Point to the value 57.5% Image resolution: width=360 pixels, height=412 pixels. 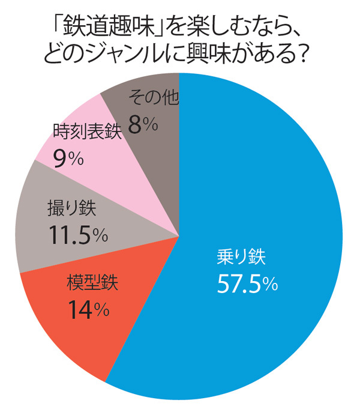tap(247, 284)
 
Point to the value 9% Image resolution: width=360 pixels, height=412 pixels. tap(68, 158)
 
